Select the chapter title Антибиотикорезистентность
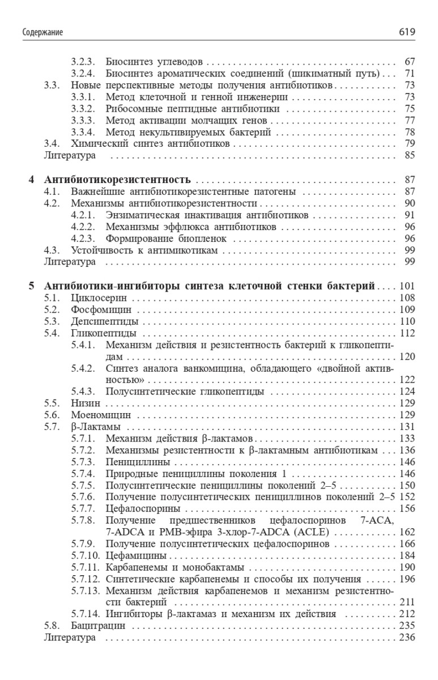(117, 179)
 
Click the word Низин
(86, 403)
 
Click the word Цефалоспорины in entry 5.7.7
(141, 508)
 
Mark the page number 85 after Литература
(411, 155)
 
